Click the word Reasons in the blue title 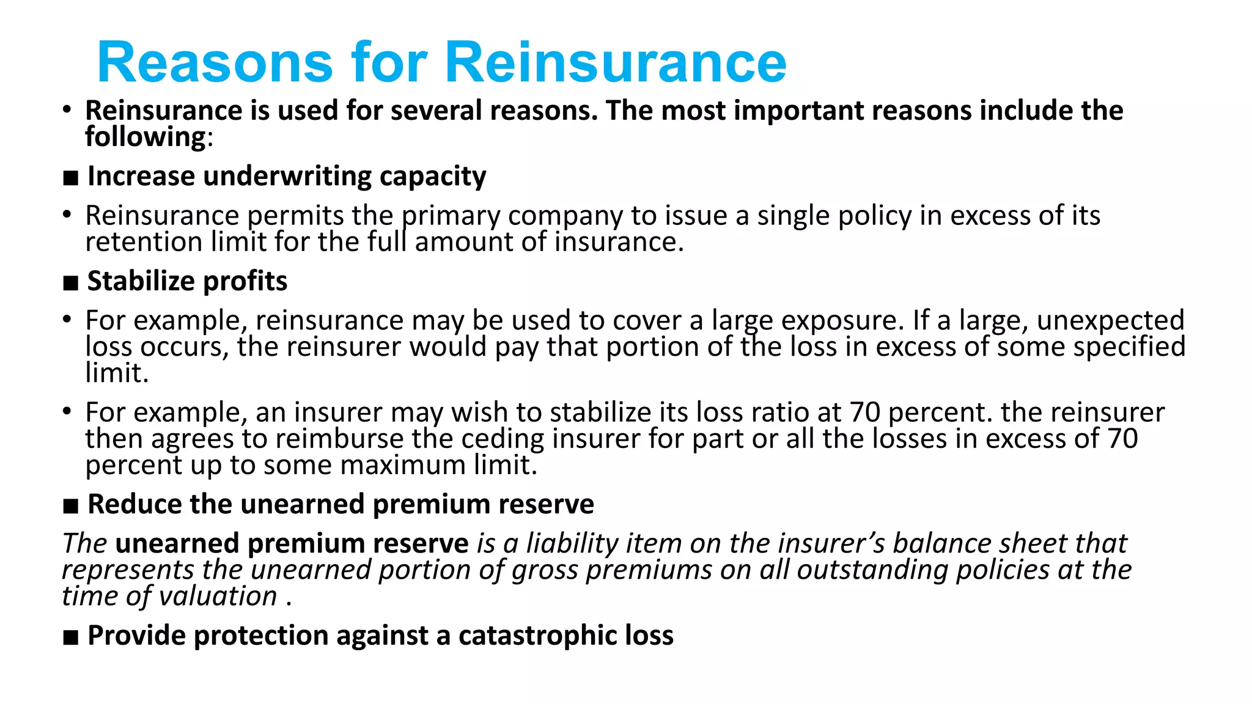[215, 62]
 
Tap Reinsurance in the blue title [615, 62]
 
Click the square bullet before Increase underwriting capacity [71, 178]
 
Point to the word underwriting [287, 177]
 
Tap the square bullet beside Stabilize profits [71, 284]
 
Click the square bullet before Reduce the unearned [71, 507]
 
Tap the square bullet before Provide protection [71, 638]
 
